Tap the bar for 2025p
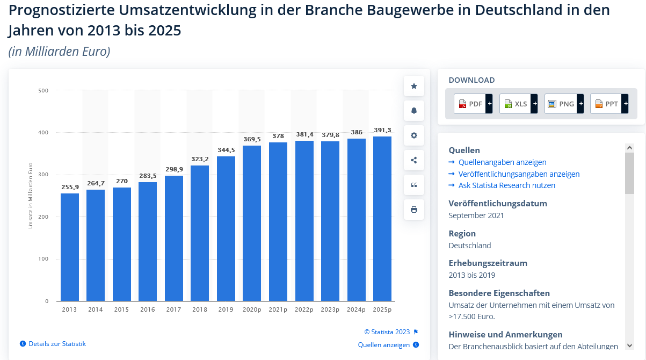click(x=382, y=219)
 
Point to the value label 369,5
click(x=252, y=139)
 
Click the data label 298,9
click(x=173, y=169)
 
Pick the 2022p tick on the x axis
click(x=304, y=310)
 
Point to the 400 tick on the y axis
click(x=43, y=133)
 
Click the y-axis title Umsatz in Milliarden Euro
click(x=31, y=195)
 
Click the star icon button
click(x=414, y=86)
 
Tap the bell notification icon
click(x=414, y=111)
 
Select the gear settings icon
click(x=414, y=135)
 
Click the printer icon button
click(x=414, y=210)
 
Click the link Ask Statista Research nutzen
click(x=506, y=185)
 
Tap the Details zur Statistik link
click(x=57, y=344)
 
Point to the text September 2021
click(x=476, y=215)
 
